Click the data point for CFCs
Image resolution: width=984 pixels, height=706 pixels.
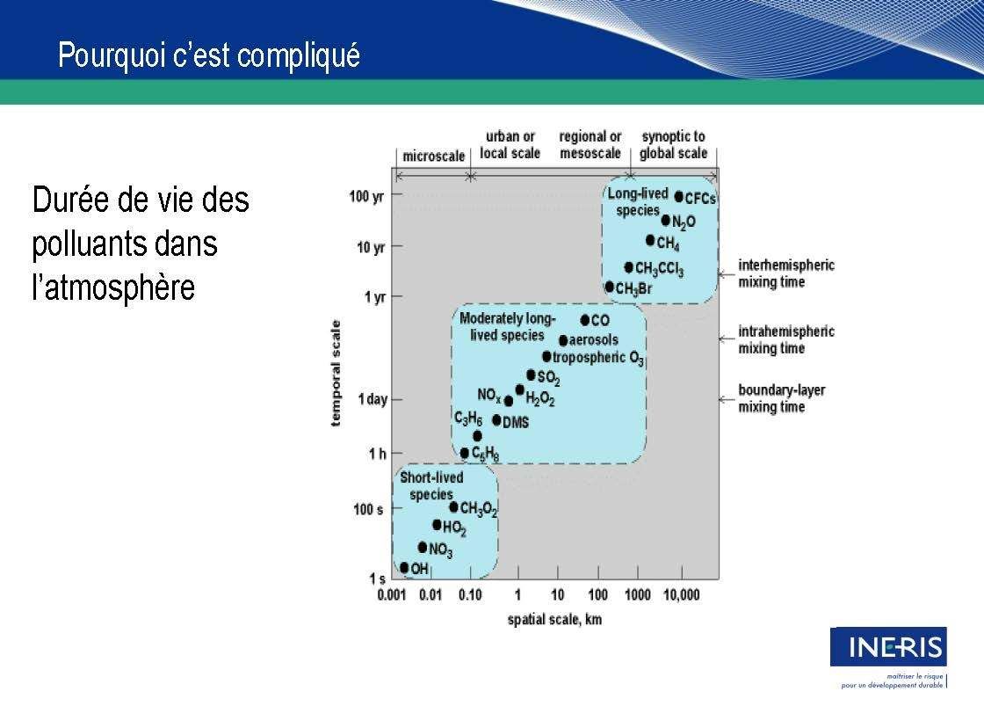click(x=678, y=197)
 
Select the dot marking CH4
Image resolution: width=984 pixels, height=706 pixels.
click(x=650, y=241)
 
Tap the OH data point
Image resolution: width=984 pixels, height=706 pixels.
click(x=404, y=568)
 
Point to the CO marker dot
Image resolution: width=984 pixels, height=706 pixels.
click(x=585, y=320)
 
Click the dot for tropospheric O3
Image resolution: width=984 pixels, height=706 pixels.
click(x=546, y=357)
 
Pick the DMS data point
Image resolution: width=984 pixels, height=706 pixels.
click(x=496, y=420)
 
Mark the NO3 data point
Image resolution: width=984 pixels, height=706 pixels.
click(x=423, y=548)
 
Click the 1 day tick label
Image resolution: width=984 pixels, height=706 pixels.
click(x=373, y=399)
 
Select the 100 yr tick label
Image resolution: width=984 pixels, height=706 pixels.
click(x=366, y=197)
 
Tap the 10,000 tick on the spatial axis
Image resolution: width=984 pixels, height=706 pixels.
click(x=682, y=595)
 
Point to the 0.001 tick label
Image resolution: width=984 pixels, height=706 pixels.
click(x=392, y=595)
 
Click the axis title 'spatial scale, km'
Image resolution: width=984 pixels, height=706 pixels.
click(x=554, y=620)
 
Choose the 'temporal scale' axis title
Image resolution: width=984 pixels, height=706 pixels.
click(x=336, y=373)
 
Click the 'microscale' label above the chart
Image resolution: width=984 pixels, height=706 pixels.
click(x=434, y=156)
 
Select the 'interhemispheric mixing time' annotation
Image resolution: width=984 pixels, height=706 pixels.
click(x=786, y=273)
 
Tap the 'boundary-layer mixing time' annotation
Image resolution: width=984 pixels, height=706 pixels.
click(x=782, y=398)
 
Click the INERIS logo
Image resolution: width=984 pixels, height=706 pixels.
click(x=888, y=647)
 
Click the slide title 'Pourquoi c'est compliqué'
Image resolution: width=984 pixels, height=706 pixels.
click(x=209, y=55)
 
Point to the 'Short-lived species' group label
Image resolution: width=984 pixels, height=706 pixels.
click(x=431, y=485)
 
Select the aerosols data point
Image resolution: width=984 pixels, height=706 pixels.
click(x=563, y=340)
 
